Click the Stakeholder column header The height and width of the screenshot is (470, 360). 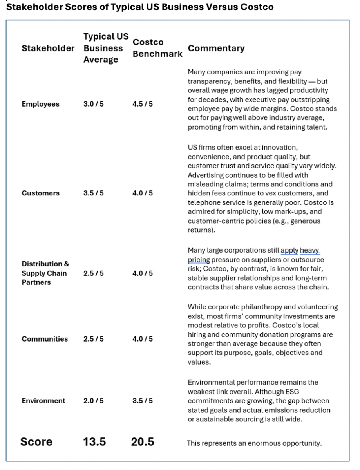click(48, 49)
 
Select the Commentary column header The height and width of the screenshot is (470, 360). click(216, 48)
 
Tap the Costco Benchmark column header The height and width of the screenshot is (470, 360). click(157, 48)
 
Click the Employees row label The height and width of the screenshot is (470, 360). click(40, 104)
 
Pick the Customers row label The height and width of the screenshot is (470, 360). click(40, 193)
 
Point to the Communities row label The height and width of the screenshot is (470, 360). click(45, 339)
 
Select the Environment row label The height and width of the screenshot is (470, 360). click(43, 401)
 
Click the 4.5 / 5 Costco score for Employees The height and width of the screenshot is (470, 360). click(143, 104)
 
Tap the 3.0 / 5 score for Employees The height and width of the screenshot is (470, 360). click(94, 104)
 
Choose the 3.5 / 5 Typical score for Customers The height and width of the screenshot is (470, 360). click(94, 193)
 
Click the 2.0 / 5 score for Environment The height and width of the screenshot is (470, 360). click(94, 401)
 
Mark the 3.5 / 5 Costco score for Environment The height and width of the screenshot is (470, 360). click(143, 401)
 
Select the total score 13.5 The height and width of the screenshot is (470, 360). click(94, 442)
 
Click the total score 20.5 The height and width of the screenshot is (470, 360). click(143, 442)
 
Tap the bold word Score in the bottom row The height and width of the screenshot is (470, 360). click(36, 442)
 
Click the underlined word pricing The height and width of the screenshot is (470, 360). click(199, 260)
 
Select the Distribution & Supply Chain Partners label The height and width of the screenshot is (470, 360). click(44, 273)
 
